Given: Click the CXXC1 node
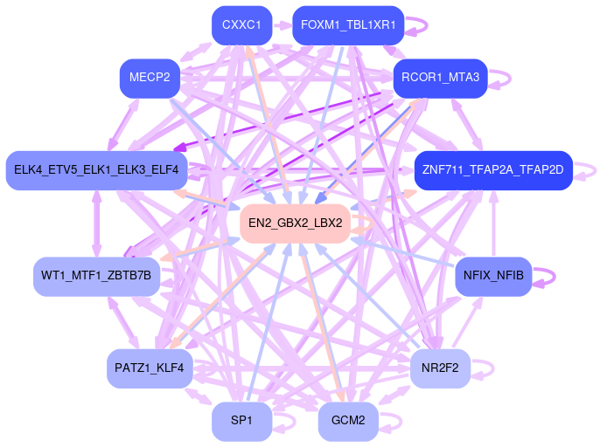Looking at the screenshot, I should pyautogui.click(x=242, y=25).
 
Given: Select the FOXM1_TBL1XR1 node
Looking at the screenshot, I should pyautogui.click(x=347, y=25).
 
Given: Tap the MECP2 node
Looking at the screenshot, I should pyautogui.click(x=150, y=79).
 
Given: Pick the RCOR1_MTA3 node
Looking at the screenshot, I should pyautogui.click(x=440, y=79).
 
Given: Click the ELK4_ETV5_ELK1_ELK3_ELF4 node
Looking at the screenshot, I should pyautogui.click(x=95, y=169).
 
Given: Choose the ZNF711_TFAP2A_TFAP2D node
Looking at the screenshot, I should pyautogui.click(x=492, y=169).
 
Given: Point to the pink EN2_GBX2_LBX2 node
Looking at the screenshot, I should pyautogui.click(x=295, y=223).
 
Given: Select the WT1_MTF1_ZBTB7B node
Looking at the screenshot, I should pyautogui.click(x=96, y=276).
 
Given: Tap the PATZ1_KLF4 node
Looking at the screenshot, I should pyautogui.click(x=150, y=368).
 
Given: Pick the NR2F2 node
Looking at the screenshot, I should pyautogui.click(x=440, y=368).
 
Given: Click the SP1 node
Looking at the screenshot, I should pyautogui.click(x=241, y=421).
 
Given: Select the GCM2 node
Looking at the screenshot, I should pyautogui.click(x=348, y=421).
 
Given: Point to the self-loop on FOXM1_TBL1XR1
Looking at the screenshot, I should pyautogui.click(x=425, y=25).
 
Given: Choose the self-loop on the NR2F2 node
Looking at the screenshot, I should pyautogui.click(x=492, y=368).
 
